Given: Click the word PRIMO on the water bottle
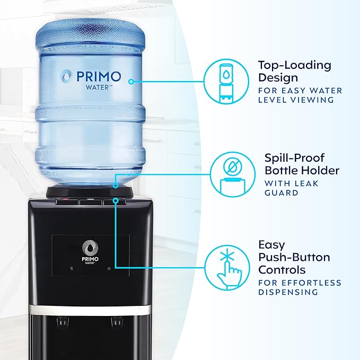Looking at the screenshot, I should click(99, 76).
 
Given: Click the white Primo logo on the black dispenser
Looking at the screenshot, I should click(88, 249).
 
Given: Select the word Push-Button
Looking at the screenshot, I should click(294, 257).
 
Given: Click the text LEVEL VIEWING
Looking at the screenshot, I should click(300, 100).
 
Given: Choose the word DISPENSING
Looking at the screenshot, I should click(288, 292).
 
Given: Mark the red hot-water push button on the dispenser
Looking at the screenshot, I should click(65, 201).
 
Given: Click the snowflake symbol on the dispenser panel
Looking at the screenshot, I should click(109, 269).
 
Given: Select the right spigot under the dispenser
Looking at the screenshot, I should click(115, 321).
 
